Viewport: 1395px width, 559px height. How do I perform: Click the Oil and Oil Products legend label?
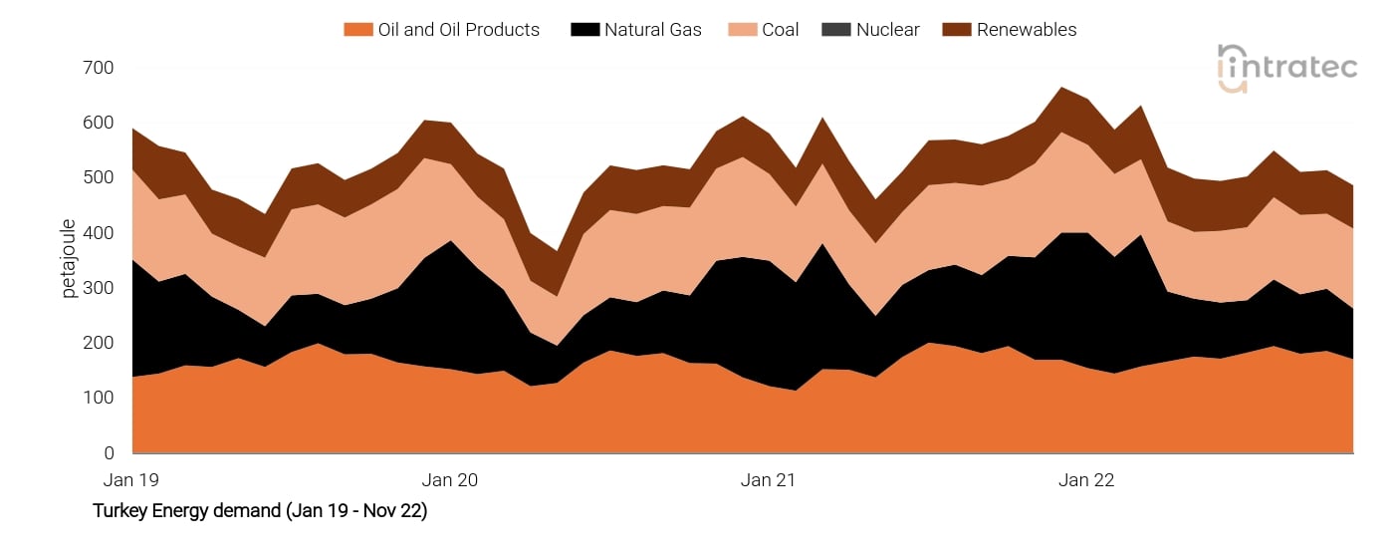458,30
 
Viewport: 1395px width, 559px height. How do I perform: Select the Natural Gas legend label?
652,30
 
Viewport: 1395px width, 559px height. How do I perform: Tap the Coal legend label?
780,30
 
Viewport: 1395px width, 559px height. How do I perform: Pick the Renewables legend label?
1026,30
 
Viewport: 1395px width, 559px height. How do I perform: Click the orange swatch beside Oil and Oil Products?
357,30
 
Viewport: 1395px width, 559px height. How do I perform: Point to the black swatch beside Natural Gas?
583,30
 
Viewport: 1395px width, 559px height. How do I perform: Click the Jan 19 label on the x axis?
131,480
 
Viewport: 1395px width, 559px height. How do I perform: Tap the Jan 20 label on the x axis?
450,480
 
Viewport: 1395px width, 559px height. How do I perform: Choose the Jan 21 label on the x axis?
769,480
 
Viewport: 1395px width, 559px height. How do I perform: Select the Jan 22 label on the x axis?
1086,480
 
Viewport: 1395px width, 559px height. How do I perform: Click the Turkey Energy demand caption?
260,511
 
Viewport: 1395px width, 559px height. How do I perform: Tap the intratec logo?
1286,68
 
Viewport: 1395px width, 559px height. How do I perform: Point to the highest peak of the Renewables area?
1064,89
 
